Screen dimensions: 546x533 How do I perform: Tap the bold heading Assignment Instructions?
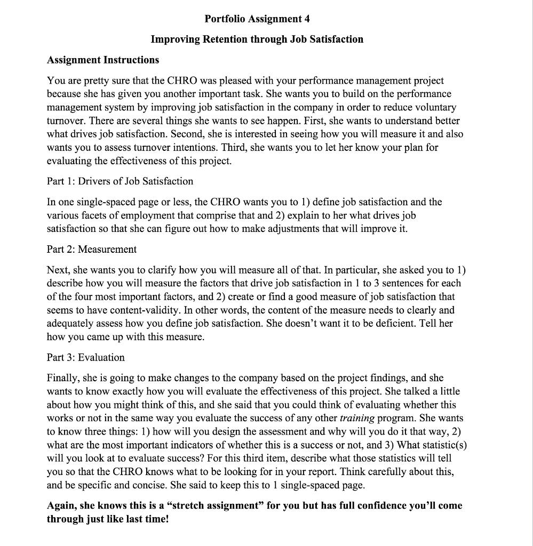click(103, 60)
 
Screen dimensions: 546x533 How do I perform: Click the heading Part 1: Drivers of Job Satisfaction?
click(120, 181)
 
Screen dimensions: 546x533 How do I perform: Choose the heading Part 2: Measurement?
click(92, 249)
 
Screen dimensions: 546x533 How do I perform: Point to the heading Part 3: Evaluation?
click(86, 357)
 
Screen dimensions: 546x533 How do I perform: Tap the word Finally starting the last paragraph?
click(63, 378)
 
